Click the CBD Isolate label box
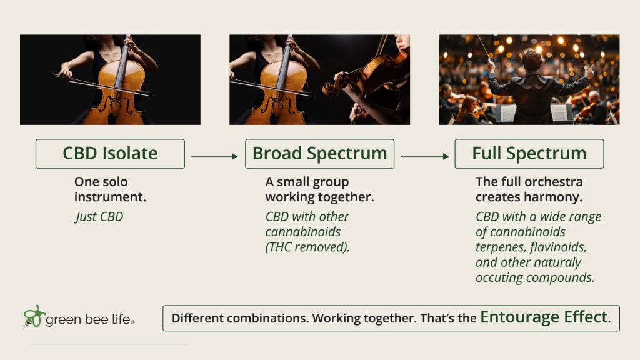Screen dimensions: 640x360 coord(110,154)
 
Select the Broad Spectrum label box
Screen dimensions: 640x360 coord(319,154)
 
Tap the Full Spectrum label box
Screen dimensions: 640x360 coord(529,154)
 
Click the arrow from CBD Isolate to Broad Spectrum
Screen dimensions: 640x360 coord(214,156)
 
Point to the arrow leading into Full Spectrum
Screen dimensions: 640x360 coord(424,156)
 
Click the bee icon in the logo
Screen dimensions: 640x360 coord(34,316)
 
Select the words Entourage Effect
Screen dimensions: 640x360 coord(544,317)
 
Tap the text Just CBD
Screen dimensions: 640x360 coord(99,217)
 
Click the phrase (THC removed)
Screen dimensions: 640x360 coord(307,247)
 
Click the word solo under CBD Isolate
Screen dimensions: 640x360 coord(115,182)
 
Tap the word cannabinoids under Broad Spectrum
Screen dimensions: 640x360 coord(303,232)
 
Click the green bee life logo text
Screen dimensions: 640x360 coord(90,319)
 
